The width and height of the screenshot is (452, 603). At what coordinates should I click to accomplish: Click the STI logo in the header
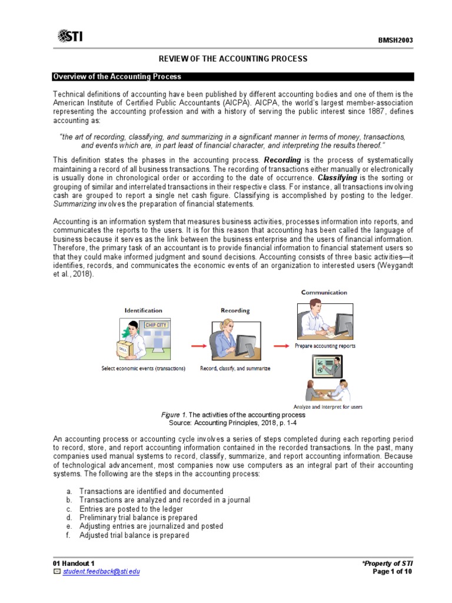pyautogui.click(x=70, y=37)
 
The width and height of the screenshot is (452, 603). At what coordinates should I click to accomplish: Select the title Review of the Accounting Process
pyautogui.click(x=234, y=59)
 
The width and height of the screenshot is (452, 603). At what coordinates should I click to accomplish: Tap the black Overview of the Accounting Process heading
pyautogui.click(x=117, y=77)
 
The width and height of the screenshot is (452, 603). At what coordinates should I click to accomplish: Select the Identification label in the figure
pyautogui.click(x=143, y=310)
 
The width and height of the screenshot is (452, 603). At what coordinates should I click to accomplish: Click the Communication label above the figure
pyautogui.click(x=324, y=292)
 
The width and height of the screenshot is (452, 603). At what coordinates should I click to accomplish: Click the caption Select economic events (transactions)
pyautogui.click(x=144, y=369)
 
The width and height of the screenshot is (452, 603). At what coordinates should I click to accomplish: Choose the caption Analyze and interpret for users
pyautogui.click(x=328, y=406)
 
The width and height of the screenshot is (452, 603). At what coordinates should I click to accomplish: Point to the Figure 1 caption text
pyautogui.click(x=233, y=415)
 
